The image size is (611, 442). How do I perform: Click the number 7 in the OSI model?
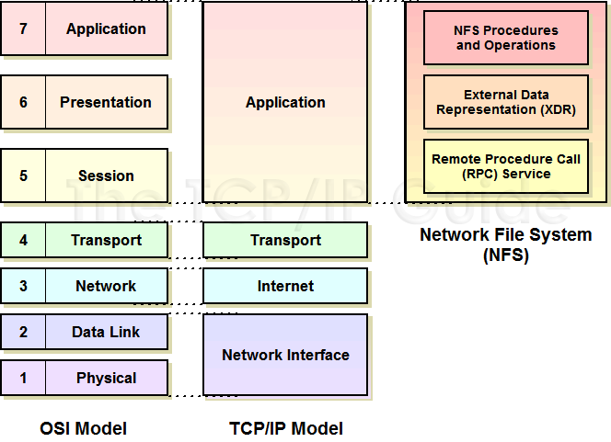tap(23, 28)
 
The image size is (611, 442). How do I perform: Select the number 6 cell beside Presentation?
tap(23, 102)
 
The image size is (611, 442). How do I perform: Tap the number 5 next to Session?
tap(23, 176)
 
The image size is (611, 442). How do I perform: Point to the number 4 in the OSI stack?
tap(23, 240)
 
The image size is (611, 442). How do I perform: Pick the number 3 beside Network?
tap(23, 286)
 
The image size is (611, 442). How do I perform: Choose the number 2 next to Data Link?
tap(23, 332)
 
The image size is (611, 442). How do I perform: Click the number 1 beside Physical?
tap(23, 378)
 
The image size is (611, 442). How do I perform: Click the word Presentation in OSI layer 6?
tap(106, 102)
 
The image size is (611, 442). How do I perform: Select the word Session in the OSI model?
tap(106, 176)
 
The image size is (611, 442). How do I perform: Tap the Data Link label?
tap(106, 332)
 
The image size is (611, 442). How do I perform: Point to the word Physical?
tap(107, 379)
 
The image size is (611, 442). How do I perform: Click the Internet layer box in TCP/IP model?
tap(285, 286)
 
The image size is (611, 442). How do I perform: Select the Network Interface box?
tap(285, 355)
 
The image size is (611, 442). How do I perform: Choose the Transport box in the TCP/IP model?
tap(285, 240)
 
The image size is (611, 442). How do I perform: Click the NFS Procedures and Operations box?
tap(506, 38)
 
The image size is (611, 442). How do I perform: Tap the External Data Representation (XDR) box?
tap(506, 102)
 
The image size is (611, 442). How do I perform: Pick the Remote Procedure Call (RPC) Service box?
tap(506, 166)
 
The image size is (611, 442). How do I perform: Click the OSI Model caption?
tap(84, 428)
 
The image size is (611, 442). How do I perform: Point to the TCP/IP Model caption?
tap(286, 428)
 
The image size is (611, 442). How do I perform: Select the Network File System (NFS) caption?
tap(506, 245)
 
